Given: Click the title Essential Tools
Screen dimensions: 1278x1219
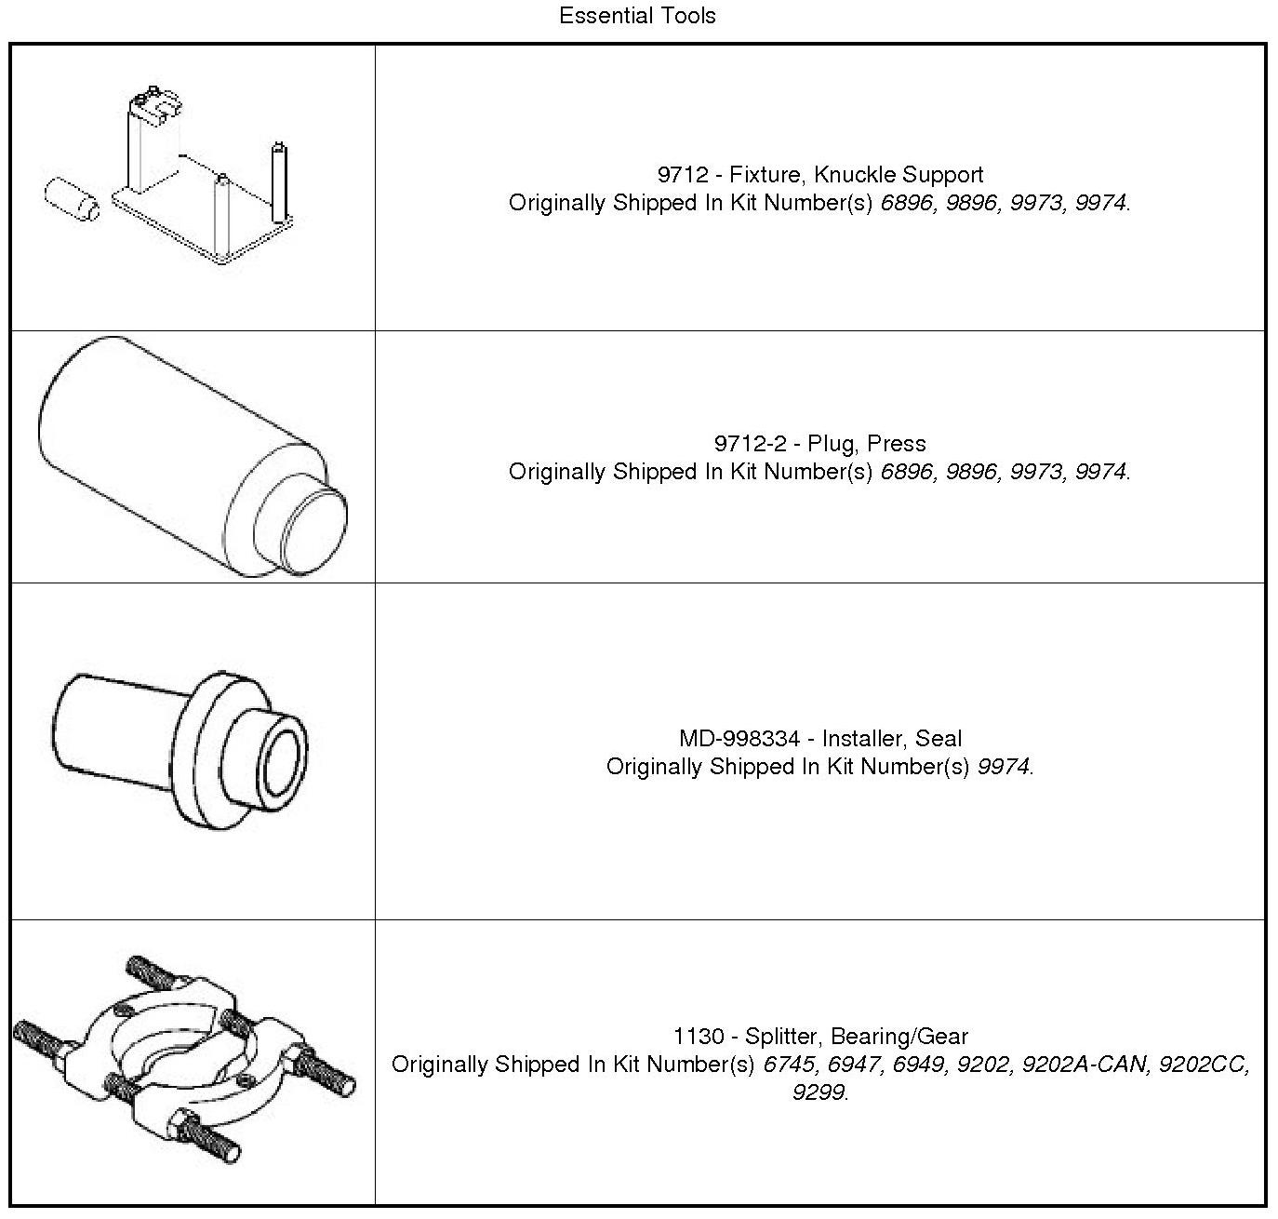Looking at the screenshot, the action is point(637,16).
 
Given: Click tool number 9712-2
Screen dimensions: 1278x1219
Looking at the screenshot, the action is point(750,444).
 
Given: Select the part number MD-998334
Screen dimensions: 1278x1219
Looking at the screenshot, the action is point(739,739).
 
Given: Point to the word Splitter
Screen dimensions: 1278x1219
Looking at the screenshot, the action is point(781,1037).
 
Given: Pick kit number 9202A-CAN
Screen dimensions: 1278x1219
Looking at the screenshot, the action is point(1085,1065).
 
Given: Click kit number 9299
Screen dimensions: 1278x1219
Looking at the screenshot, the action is point(819,1092).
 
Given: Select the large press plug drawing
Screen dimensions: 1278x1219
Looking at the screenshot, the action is point(192,456).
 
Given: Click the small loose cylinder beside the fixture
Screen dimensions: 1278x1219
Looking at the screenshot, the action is point(72,198).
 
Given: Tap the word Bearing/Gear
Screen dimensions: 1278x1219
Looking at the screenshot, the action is point(899,1037).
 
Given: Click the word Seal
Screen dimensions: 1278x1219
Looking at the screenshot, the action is point(939,739).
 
